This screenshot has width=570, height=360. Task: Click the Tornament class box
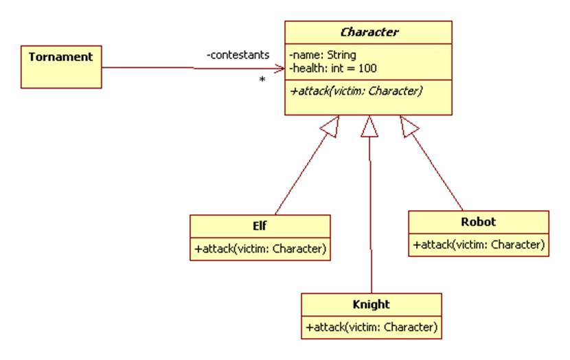click(x=60, y=67)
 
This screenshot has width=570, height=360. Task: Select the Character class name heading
click(x=369, y=32)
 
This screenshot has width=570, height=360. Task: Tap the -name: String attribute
click(x=322, y=54)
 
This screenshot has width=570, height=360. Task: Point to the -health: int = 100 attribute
click(x=332, y=67)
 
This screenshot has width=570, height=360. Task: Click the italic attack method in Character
click(x=355, y=90)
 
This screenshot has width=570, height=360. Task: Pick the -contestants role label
click(x=238, y=54)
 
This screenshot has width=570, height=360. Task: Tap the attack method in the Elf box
click(x=260, y=249)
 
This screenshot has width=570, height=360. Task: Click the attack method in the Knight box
click(x=372, y=327)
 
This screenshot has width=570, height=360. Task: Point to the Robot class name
click(x=479, y=221)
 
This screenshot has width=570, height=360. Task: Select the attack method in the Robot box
click(x=479, y=244)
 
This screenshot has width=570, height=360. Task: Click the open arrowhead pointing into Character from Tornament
click(x=280, y=68)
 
